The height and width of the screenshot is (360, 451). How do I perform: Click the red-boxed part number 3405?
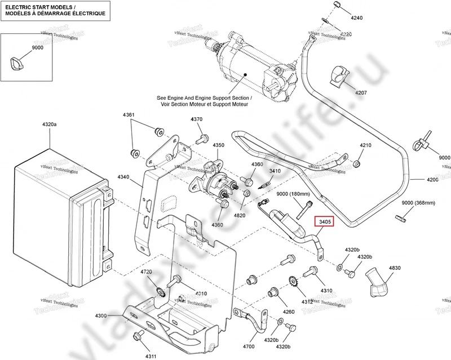coord(325,222)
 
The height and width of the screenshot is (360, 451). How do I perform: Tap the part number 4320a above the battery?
coord(49,123)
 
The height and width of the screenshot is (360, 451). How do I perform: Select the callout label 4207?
coord(361,92)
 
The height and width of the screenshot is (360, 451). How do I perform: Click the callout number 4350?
coord(219,145)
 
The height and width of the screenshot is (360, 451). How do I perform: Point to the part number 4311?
coord(151,355)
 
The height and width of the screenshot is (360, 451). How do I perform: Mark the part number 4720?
coord(147,272)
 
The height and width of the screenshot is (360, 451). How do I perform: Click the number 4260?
coord(289,311)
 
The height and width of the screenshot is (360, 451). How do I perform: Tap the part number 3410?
coord(275,171)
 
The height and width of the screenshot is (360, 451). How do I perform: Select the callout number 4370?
coord(197,119)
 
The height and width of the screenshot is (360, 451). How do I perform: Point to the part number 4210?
coord(366,145)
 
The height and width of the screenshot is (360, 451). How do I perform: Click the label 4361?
coord(129,115)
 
